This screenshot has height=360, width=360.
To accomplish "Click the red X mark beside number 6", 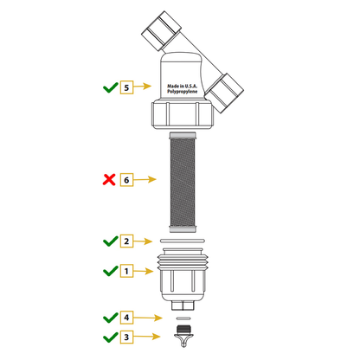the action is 109,179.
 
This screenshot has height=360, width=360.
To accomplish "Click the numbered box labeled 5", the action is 126,87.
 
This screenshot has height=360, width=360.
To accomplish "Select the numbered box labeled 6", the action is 126,180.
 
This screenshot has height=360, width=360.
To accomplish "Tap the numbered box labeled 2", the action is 126,241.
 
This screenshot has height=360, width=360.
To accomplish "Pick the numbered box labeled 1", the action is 126,271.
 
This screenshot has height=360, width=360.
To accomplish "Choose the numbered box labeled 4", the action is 126,318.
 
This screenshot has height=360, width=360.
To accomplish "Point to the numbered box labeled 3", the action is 126,337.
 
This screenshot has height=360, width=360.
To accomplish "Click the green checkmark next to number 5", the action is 111,87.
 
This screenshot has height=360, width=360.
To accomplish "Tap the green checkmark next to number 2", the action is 111,241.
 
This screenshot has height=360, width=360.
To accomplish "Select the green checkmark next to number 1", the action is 111,271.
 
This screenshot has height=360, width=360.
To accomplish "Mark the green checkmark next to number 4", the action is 111,318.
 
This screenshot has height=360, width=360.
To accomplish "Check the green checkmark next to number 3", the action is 111,337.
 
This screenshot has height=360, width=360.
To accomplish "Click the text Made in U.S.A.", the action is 183,86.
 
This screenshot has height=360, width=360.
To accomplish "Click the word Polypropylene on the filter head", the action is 183,92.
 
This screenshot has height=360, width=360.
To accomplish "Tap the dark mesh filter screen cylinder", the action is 183,183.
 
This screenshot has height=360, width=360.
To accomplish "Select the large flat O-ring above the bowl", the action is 183,241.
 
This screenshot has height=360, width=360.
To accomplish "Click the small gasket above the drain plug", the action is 183,318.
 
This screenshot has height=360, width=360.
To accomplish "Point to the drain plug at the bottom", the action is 183,336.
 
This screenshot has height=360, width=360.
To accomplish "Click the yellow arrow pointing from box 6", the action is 145,179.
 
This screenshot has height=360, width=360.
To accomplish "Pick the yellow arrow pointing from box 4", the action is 148,318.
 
